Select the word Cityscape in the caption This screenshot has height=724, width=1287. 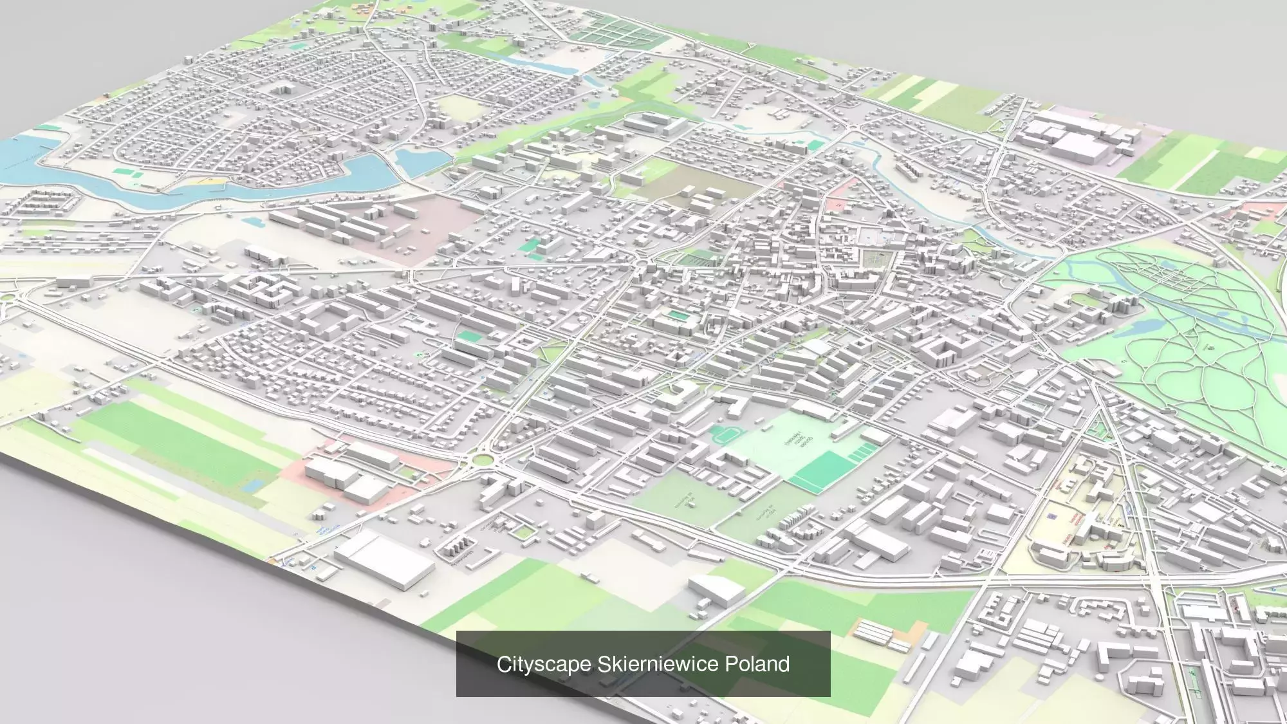coord(543,664)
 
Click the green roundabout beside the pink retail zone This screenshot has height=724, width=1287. coord(480,459)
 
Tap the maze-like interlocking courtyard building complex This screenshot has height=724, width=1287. coord(264,290)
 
